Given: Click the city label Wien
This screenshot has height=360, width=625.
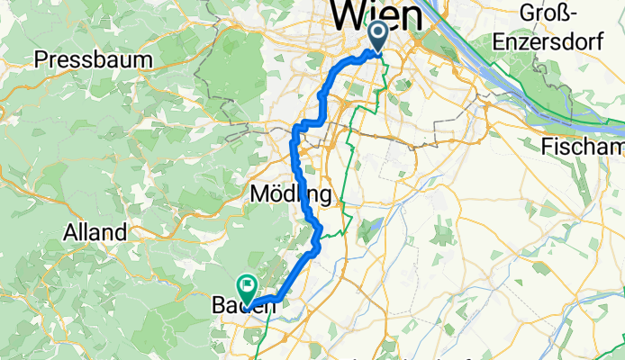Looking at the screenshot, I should pos(376,15).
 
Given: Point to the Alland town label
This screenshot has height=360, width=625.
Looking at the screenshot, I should pos(95,232).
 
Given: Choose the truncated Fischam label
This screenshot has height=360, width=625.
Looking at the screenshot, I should pos(584,147).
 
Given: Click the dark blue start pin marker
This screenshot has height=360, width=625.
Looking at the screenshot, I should pos(377,36).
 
